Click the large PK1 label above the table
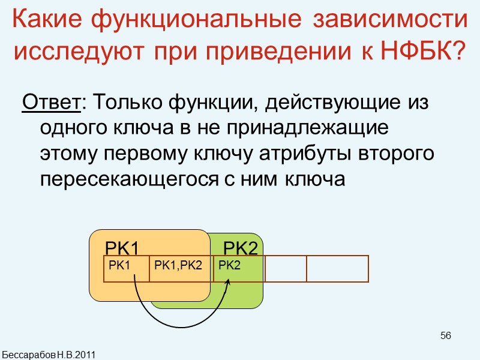[x=122, y=248]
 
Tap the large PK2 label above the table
[x=240, y=248]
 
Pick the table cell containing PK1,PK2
[x=179, y=265]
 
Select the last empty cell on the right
[x=337, y=269]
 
